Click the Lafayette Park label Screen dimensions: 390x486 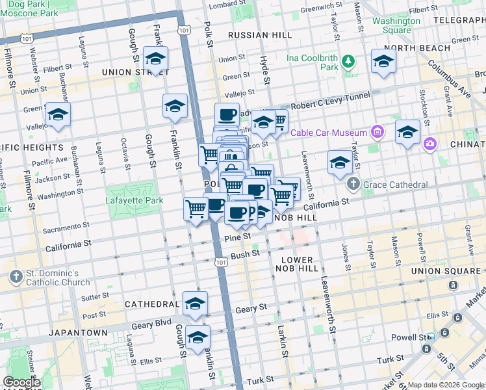pos(134,201)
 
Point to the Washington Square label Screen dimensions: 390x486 pos(396,25)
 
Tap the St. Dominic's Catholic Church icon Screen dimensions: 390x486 pos(16,277)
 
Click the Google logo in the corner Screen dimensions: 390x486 pos(21,382)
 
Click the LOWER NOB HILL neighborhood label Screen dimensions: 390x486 pos(298,264)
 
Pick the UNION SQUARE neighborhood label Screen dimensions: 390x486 pos(453,270)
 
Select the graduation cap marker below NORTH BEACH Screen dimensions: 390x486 pos(383,62)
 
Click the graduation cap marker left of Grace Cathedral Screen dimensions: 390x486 pos(339,164)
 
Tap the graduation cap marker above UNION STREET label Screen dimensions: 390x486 pos(155,60)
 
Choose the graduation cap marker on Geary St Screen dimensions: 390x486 pos(195,304)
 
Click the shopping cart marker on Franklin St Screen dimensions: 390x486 pos(196,210)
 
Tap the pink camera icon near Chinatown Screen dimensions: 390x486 pos(429,144)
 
